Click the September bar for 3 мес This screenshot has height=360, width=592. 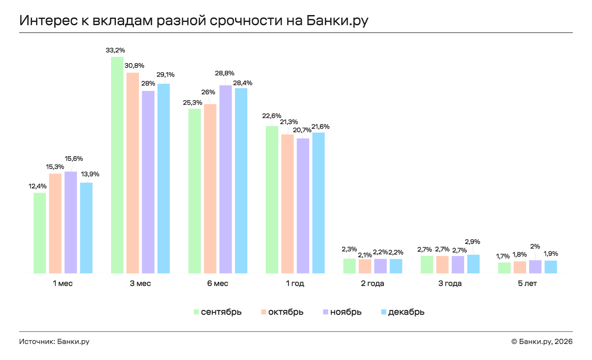click(117, 165)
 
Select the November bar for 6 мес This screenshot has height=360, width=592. click(225, 179)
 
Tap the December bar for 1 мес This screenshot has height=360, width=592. click(86, 228)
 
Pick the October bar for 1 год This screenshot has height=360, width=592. click(287, 204)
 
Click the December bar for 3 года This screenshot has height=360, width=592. click(473, 264)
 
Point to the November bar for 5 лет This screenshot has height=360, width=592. click(535, 267)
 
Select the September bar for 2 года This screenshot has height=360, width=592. click(349, 266)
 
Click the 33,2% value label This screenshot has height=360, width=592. click(115, 50)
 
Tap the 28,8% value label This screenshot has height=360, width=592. click(225, 73)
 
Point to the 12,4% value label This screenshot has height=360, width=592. click(38, 186)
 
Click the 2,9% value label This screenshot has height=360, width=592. click(472, 242)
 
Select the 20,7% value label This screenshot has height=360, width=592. click(302, 130)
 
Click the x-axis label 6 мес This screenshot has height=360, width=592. click(218, 283)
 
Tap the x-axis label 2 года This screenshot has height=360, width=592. click(373, 283)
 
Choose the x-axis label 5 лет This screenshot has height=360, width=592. click(527, 283)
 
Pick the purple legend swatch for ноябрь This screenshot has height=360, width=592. click(326, 312)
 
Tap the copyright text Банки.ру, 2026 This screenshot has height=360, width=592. click(545, 342)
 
